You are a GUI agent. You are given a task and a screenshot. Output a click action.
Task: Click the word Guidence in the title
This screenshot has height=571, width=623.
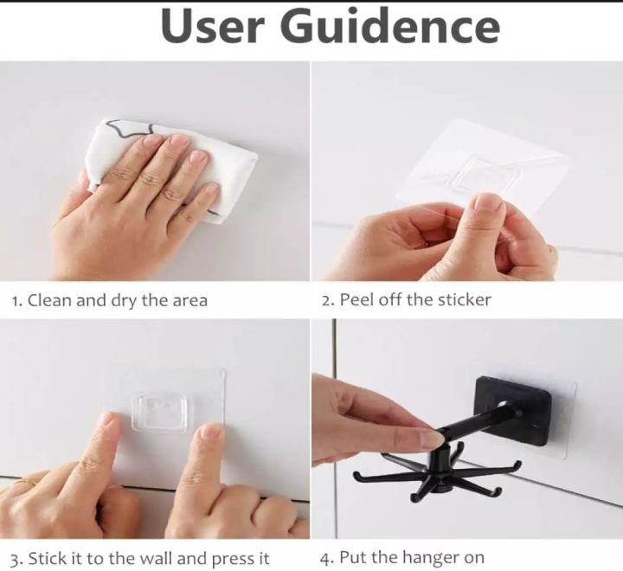pyautogui.click(x=390, y=25)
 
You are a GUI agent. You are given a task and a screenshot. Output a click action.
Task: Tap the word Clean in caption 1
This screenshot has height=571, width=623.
pyautogui.click(x=49, y=300)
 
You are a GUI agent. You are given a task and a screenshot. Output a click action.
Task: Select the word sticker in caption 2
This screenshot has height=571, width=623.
pyautogui.click(x=464, y=299)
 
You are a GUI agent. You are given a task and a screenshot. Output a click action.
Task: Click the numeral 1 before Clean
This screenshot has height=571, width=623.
pyautogui.click(x=15, y=301)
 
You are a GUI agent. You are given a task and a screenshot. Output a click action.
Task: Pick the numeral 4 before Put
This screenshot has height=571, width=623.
pyautogui.click(x=326, y=558)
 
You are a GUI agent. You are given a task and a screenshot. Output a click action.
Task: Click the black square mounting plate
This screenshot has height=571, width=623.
pyautogui.click(x=512, y=410)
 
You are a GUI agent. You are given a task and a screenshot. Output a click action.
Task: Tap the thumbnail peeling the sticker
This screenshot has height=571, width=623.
pyautogui.click(x=489, y=205)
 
